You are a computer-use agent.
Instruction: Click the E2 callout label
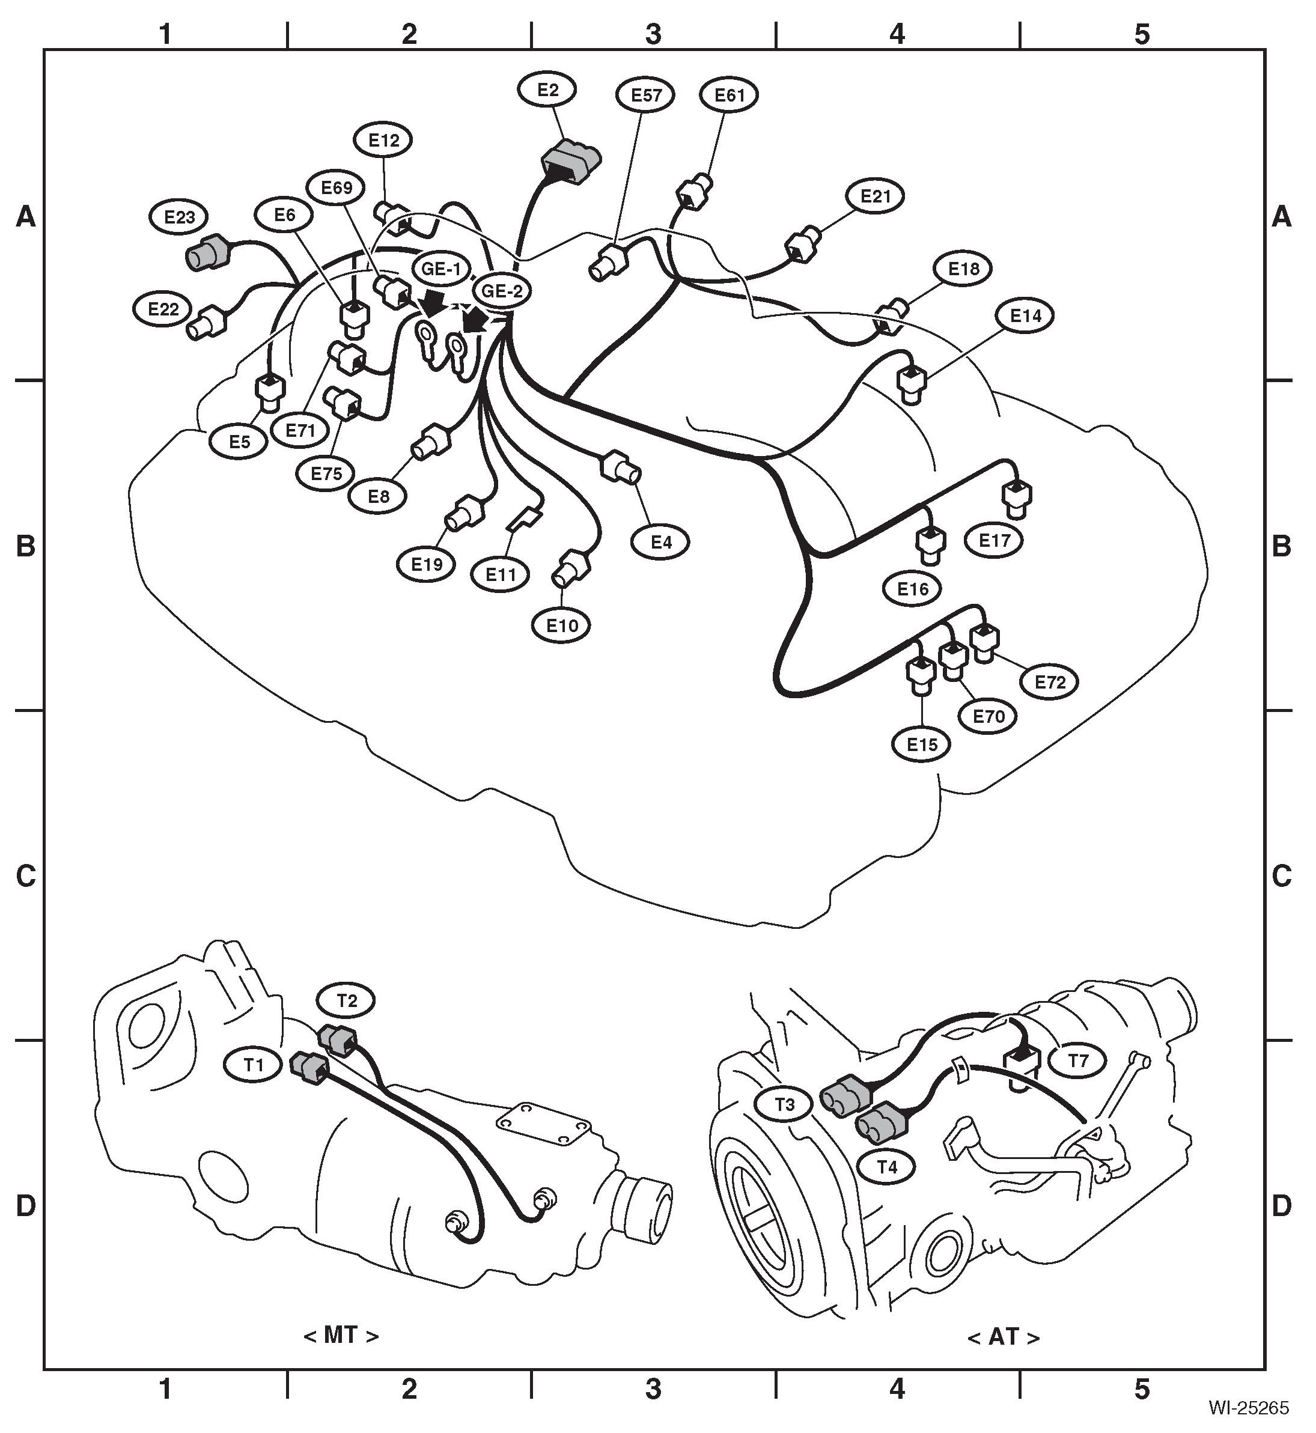pyautogui.click(x=547, y=90)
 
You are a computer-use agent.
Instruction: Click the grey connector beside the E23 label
pyautogui.click(x=205, y=254)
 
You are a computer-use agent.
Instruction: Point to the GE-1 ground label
pyautogui.click(x=442, y=269)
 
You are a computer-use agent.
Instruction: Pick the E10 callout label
pyautogui.click(x=562, y=625)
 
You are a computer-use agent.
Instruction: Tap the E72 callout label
pyautogui.click(x=1050, y=682)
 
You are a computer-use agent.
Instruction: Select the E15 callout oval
pyautogui.click(x=922, y=744)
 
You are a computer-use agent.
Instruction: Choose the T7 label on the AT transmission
pyautogui.click(x=1078, y=1060)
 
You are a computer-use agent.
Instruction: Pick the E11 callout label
pyautogui.click(x=501, y=574)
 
